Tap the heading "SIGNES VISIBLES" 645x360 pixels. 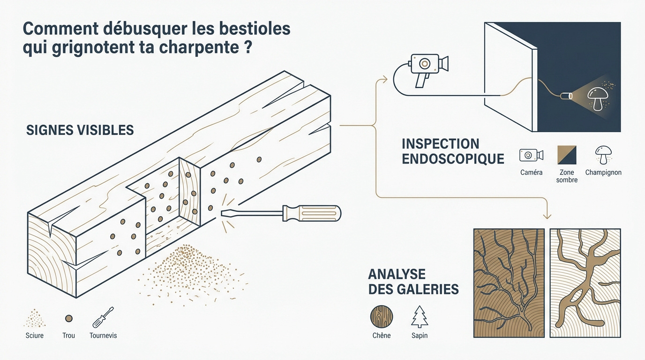[x=80, y=130]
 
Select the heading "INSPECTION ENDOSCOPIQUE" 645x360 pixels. [x=452, y=151]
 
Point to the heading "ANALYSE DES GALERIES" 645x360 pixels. [x=413, y=281]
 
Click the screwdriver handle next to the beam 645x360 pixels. [x=311, y=213]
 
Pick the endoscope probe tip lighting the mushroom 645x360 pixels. [x=567, y=97]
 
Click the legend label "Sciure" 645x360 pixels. [x=35, y=336]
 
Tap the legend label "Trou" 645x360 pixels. [x=68, y=336]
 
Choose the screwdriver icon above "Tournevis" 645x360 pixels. [x=103, y=317]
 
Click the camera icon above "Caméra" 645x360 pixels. [x=531, y=155]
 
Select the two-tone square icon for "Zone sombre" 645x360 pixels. [x=567, y=155]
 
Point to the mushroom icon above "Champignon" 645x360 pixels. [x=603, y=154]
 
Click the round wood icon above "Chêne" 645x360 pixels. [x=381, y=317]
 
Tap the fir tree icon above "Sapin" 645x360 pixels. [x=419, y=317]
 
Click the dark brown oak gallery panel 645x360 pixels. [x=509, y=283]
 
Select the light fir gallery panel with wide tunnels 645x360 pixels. [x=585, y=283]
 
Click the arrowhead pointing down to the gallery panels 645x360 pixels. [x=547, y=216]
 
